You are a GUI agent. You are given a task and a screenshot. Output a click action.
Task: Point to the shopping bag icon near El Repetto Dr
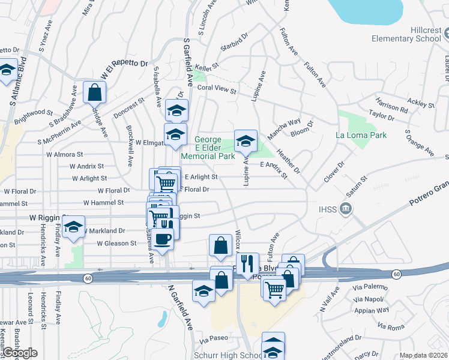[95, 92]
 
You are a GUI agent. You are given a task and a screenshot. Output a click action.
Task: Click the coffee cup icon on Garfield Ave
[162, 239]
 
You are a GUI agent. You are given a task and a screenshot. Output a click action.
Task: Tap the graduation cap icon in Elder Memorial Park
[246, 141]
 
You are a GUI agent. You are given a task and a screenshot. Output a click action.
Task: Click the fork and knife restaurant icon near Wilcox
[247, 263]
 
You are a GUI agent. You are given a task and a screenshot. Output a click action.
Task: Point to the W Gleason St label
[116, 244]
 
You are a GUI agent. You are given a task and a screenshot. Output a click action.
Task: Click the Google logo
[20, 353]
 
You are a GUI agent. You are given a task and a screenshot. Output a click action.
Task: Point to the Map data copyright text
[423, 355]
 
